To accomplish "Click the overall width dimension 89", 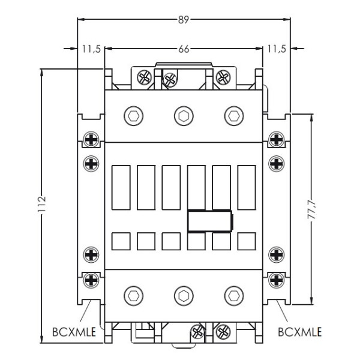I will [184, 20].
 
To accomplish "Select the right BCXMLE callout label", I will [299, 331].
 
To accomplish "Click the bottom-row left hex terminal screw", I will [133, 295].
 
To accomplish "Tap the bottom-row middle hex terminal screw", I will [183, 295].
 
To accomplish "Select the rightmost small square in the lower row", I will [245, 241].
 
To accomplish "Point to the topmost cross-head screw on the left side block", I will [91, 139].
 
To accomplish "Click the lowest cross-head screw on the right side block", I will [276, 279].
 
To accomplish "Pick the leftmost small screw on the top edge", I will [144, 76].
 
